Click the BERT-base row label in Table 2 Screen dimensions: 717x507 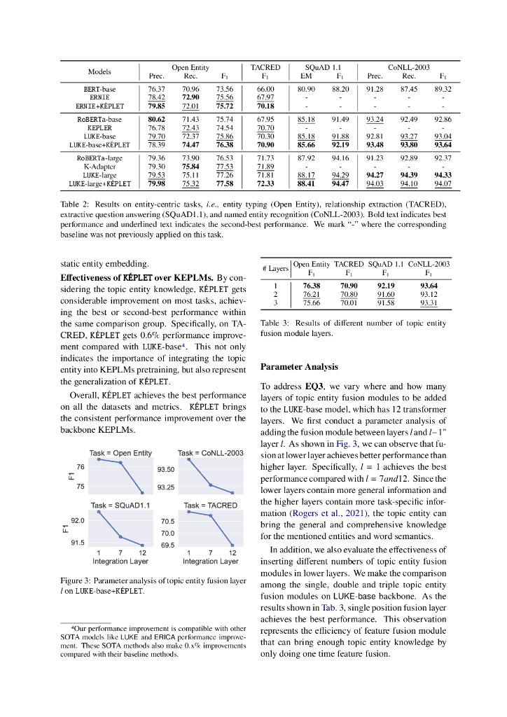99,90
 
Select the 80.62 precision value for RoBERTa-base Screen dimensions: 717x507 156,120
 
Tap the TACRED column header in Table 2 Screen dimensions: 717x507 265,68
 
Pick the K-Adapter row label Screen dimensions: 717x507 99,167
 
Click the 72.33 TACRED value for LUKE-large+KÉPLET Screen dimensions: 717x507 265,184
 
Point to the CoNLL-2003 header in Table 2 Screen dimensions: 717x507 408,68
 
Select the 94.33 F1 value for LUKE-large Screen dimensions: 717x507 443,175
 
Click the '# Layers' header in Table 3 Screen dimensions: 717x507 275,269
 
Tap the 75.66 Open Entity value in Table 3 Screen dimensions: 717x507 311,303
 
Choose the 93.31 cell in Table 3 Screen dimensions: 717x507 429,303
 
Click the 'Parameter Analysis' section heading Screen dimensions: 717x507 299,367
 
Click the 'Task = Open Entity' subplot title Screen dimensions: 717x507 120,454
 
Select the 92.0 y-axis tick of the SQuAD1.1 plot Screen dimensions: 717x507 78,522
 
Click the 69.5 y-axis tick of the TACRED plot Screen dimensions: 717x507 168,545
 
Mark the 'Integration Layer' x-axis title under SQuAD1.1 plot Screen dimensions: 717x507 120,562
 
